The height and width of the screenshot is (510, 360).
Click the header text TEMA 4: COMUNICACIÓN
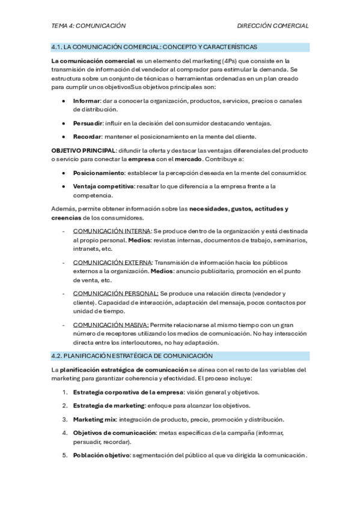88,26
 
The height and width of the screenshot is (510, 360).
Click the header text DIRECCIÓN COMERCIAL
273,26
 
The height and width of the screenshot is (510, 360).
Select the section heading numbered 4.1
154,47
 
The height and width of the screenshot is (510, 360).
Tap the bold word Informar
87,101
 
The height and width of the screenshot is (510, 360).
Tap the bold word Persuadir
88,123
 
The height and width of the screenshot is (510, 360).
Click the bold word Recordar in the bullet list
88,137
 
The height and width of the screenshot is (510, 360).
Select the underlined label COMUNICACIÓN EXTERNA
112,262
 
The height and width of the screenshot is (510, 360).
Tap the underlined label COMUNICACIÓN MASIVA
110,325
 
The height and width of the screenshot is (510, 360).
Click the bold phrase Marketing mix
94,419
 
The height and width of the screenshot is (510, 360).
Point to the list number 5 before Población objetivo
65,455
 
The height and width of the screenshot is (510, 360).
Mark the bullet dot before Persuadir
64,123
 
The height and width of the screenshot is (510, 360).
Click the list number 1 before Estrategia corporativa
65,392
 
